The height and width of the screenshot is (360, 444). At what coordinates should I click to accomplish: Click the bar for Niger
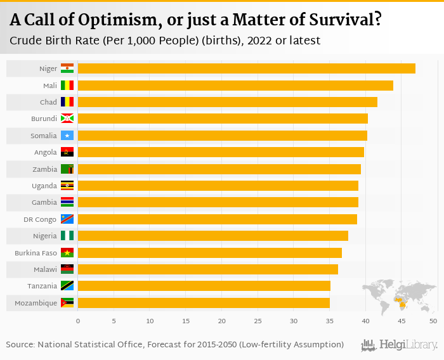(246, 68)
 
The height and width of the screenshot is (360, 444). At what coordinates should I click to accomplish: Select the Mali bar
(235, 86)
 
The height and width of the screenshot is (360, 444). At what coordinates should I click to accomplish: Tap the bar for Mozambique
(204, 303)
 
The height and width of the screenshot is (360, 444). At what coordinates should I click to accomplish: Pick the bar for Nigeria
(212, 236)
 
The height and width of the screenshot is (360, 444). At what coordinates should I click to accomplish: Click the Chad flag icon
(67, 102)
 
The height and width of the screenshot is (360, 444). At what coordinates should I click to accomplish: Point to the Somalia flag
(67, 136)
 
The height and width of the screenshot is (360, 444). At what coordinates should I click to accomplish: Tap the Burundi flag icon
(67, 119)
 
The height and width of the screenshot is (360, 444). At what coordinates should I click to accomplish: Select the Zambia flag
(67, 169)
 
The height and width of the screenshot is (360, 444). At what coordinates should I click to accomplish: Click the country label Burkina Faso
(36, 253)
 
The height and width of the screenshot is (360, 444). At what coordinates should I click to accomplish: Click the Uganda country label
(44, 186)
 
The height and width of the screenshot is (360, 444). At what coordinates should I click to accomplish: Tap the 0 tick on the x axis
(78, 321)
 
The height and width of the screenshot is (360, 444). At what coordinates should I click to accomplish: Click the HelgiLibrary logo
(400, 345)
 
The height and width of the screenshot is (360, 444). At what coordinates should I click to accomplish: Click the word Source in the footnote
(20, 345)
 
